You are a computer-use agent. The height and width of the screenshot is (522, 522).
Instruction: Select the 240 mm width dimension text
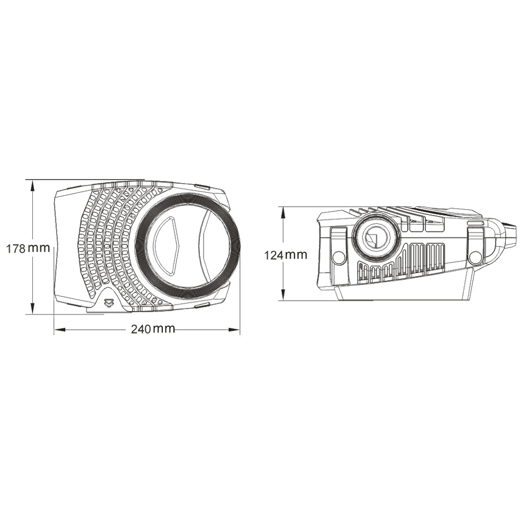pos(153,329)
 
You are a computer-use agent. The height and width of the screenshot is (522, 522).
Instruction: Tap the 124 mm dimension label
pos(286,255)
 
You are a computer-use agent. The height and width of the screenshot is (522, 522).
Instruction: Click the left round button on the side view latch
pos(339,257)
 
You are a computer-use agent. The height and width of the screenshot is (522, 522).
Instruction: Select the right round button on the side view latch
pos(475,257)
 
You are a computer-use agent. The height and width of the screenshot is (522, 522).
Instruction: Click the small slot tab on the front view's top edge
pos(201,186)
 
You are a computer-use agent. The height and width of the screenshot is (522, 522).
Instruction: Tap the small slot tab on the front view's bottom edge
pos(201,304)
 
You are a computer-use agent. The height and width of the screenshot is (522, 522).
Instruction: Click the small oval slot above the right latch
pos(475,223)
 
